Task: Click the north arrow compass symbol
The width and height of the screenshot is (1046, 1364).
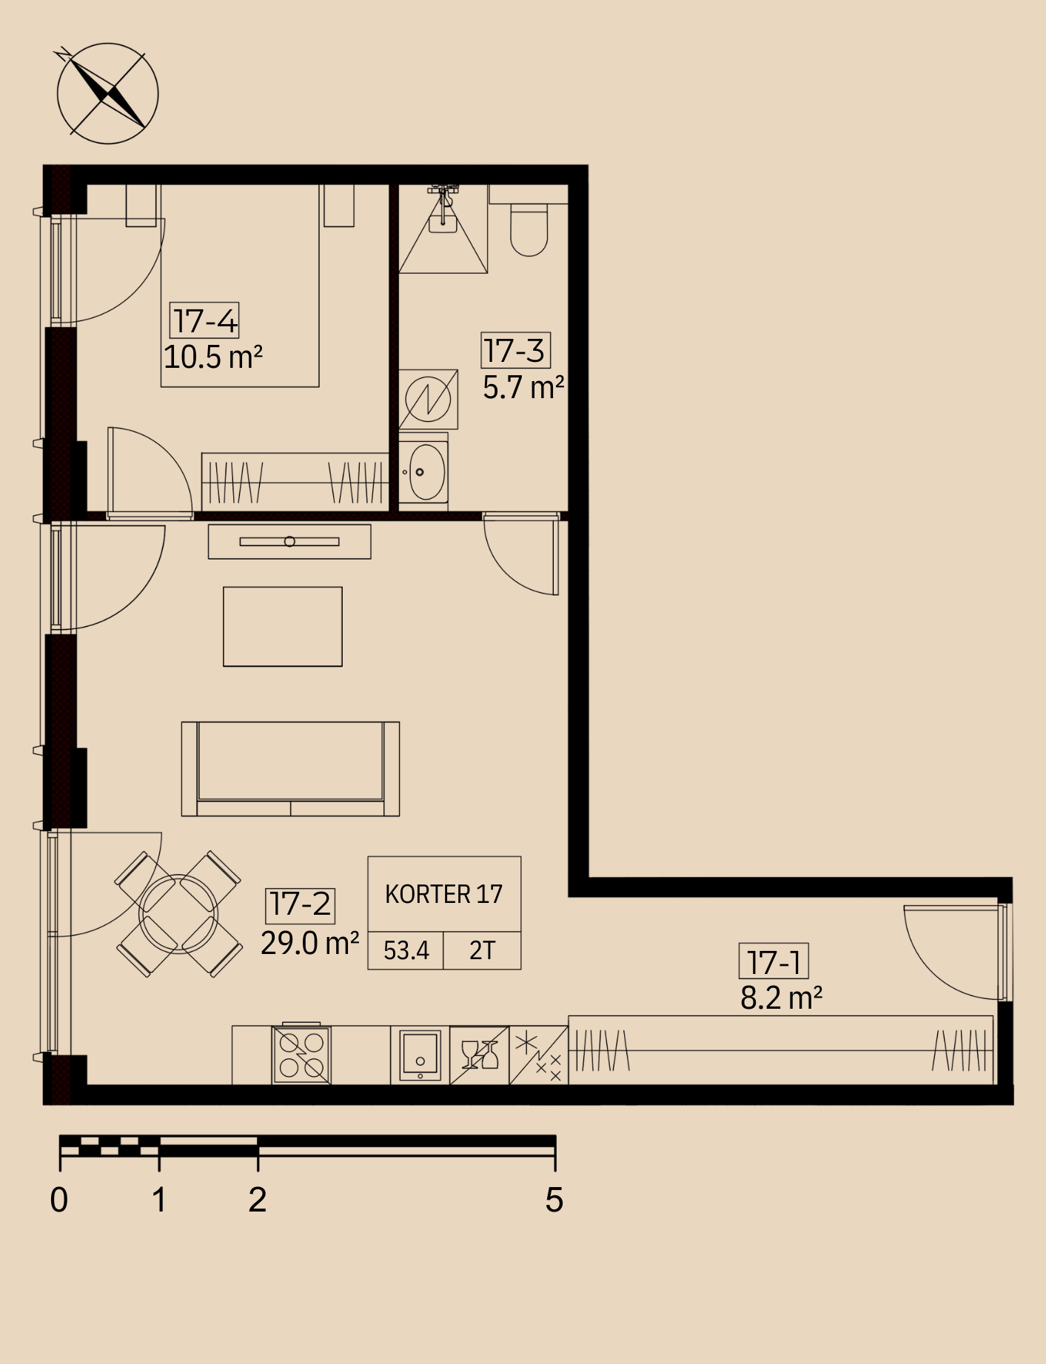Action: [x=107, y=93]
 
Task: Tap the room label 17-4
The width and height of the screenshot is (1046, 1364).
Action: [x=205, y=321]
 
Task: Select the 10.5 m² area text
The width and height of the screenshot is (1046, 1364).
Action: [x=213, y=357]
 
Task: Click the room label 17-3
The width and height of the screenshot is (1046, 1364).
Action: [x=515, y=350]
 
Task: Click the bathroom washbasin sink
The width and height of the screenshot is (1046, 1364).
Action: [x=423, y=471]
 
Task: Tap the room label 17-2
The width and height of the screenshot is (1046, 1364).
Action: [x=301, y=904]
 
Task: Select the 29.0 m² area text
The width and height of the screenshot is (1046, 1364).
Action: [x=310, y=943]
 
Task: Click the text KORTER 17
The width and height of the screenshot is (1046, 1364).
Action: [x=443, y=894]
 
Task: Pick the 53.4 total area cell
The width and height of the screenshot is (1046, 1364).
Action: [x=406, y=950]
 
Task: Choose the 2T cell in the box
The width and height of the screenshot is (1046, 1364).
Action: [x=482, y=950]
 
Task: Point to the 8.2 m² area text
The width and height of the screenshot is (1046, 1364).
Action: [x=782, y=998]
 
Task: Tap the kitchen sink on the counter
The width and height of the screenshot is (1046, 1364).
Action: [x=420, y=1055]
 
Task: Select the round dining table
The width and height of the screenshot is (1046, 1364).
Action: [x=178, y=913]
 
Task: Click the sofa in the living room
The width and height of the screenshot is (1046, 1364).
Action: [x=290, y=769]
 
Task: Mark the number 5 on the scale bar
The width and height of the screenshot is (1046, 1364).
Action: [x=554, y=1200]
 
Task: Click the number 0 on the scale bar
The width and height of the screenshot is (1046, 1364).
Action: [x=59, y=1200]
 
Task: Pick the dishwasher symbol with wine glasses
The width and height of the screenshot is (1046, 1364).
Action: [x=479, y=1055]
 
